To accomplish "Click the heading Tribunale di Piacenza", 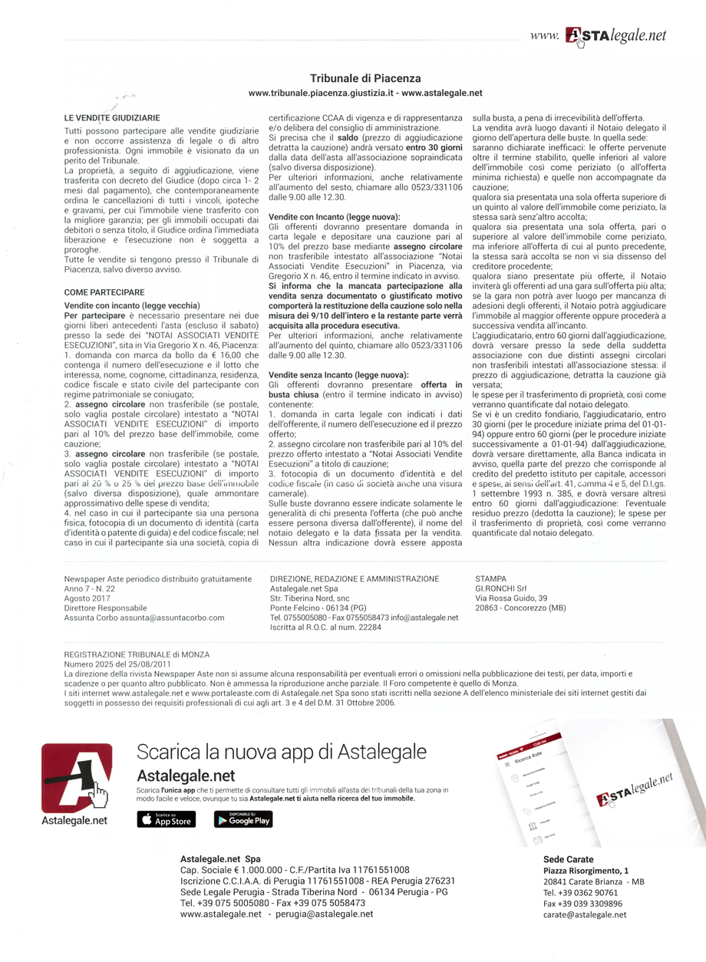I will (365, 78).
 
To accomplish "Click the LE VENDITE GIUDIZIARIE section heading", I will (112, 118).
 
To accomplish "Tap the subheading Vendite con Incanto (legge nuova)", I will (334, 217).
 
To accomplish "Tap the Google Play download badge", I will (242, 819).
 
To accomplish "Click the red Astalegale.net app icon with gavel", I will (76, 776).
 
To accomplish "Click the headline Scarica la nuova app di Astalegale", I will (281, 751).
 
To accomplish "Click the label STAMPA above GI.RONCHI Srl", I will (491, 578).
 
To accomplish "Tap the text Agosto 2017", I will (87, 598).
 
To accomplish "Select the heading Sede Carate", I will (568, 858).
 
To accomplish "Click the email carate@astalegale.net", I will (584, 914).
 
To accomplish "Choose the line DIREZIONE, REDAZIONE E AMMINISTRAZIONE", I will (355, 578).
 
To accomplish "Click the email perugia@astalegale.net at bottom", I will (326, 914).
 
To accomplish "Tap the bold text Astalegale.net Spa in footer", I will (220, 858).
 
